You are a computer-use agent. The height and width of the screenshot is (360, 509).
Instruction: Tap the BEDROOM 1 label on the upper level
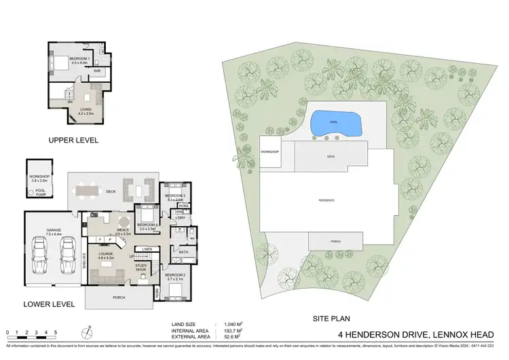click(79, 59)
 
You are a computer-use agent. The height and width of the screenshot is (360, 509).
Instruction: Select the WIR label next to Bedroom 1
click(97, 70)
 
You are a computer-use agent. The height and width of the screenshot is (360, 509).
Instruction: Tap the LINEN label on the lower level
click(147, 250)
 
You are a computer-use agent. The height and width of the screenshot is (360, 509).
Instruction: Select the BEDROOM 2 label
click(175, 275)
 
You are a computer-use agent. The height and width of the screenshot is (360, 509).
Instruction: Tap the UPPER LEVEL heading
click(73, 140)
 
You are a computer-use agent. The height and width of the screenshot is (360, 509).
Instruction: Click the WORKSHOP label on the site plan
click(270, 151)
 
